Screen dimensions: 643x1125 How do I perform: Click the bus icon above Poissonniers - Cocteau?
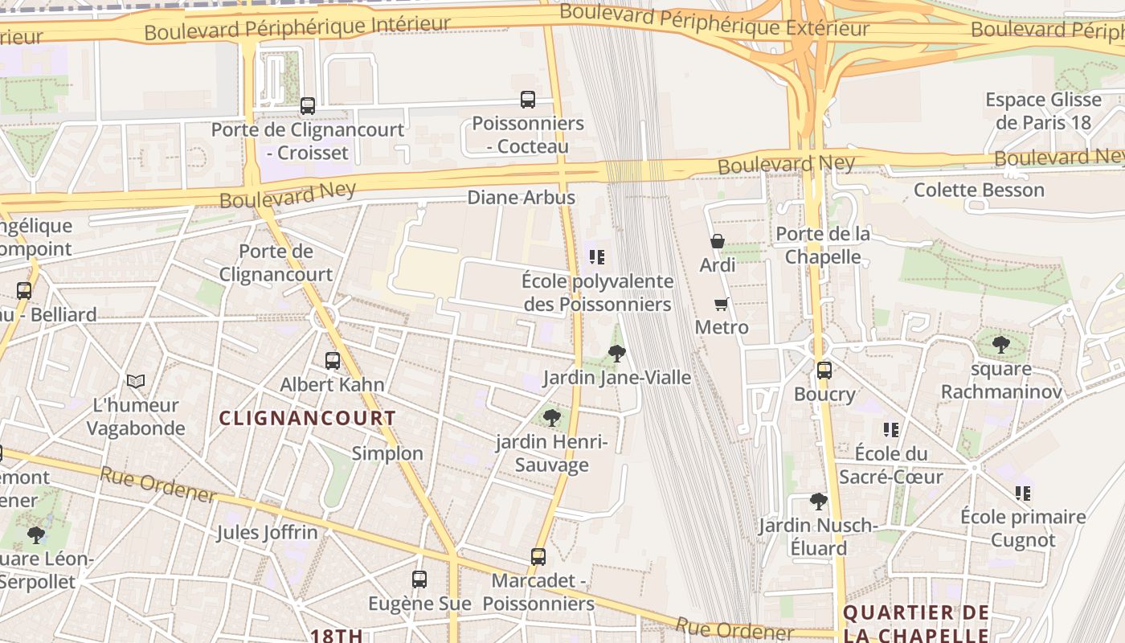tap(528, 100)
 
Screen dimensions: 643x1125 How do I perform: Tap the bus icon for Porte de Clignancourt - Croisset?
tap(307, 105)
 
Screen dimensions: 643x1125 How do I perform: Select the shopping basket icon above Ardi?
tap(718, 241)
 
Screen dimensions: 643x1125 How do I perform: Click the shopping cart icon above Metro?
tap(721, 304)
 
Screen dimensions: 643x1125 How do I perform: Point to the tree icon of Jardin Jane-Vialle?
tap(617, 353)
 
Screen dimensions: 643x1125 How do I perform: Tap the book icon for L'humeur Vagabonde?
tap(136, 381)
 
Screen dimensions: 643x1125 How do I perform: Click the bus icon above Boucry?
tap(824, 371)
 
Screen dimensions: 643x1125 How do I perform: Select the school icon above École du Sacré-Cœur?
tap(890, 430)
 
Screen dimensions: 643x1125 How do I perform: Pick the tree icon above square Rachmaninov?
tap(1000, 345)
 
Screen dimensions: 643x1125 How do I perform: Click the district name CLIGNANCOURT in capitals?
tap(308, 418)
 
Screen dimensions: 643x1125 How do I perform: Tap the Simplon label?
tap(387, 453)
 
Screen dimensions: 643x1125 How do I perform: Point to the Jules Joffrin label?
tap(267, 532)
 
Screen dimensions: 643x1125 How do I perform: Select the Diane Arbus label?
tap(522, 198)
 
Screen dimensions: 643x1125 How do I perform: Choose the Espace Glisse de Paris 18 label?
tap(1043, 111)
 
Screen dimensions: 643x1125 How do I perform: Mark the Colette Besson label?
tap(979, 190)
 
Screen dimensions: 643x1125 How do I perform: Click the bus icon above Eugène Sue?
tap(419, 580)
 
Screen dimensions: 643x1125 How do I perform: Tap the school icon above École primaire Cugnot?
tap(1023, 493)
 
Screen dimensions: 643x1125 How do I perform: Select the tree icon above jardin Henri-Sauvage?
tap(551, 417)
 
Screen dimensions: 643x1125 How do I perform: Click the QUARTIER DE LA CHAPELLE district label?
tap(916, 624)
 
